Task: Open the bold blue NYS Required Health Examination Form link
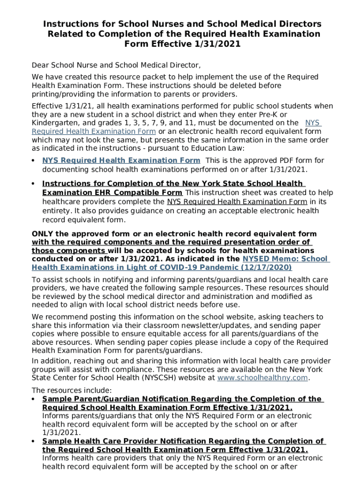(x=121, y=160)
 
